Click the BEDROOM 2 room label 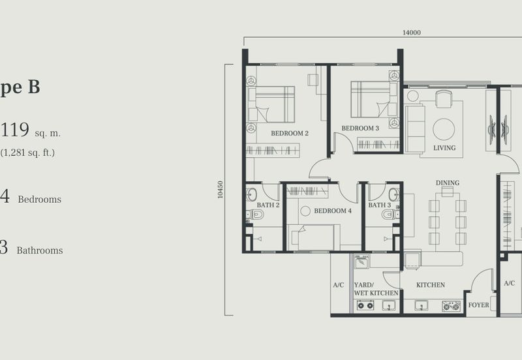(x=290, y=134)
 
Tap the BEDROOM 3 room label (x=360, y=128)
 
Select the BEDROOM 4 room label (x=333, y=211)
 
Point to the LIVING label (x=444, y=148)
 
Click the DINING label (x=448, y=183)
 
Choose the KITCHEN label (x=431, y=285)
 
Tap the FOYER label (x=478, y=305)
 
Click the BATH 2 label (x=268, y=205)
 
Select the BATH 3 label (x=379, y=205)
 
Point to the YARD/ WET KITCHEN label (x=375, y=289)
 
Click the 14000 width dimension (x=411, y=33)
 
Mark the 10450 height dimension (x=221, y=190)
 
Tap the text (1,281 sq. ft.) (x=27, y=153)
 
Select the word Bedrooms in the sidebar (x=39, y=200)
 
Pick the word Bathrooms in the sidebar (x=40, y=250)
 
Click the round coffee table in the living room (x=444, y=128)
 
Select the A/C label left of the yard (x=338, y=285)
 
